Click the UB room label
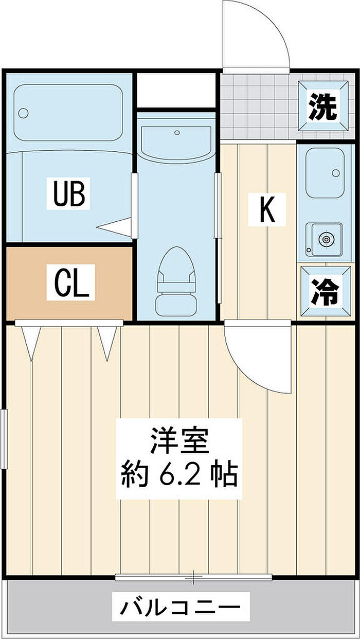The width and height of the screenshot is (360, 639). (x=68, y=193)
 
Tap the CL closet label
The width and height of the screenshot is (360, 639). (x=71, y=282)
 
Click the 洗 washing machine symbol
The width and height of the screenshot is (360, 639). (x=323, y=106)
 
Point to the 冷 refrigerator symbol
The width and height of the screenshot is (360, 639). (x=325, y=291)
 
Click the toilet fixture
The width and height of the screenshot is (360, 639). (x=176, y=281)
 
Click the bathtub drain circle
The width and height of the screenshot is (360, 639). (x=23, y=113)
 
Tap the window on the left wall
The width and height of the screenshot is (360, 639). (x=4, y=439)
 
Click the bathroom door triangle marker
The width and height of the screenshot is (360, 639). (x=114, y=227)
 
